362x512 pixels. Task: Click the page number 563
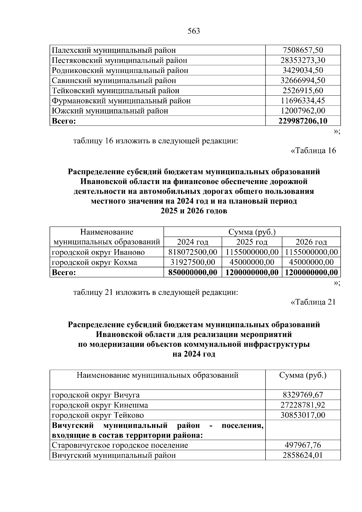(194, 31)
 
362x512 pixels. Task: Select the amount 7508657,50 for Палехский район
(303, 50)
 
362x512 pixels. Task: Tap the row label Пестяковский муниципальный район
(119, 60)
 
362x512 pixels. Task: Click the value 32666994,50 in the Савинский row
(303, 81)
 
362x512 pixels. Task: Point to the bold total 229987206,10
(303, 121)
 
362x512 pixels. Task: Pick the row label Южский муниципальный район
(110, 111)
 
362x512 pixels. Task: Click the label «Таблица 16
(313, 151)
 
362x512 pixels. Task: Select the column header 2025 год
(252, 242)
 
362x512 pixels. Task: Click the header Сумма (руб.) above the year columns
(252, 232)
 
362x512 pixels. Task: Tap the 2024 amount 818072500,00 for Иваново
(192, 252)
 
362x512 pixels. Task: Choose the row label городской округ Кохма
(94, 262)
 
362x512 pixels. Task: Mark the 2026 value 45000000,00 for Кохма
(311, 262)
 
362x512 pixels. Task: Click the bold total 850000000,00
(192, 272)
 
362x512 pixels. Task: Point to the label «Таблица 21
(313, 302)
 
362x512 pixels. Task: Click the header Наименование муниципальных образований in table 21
(157, 375)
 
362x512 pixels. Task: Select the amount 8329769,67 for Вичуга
(303, 395)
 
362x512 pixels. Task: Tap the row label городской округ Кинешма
(100, 405)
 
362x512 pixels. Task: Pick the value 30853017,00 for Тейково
(303, 415)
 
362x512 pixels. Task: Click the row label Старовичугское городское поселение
(120, 445)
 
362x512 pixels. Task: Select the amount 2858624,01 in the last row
(303, 455)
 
